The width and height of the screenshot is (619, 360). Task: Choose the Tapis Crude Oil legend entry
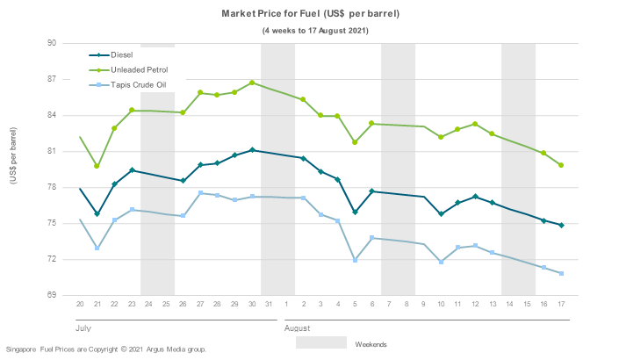click(141, 84)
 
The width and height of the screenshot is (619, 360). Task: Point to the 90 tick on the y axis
click(52, 43)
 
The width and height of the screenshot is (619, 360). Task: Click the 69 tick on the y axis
click(52, 296)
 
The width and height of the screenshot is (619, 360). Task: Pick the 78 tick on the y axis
click(52, 187)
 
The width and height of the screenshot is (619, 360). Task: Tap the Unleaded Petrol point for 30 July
click(252, 83)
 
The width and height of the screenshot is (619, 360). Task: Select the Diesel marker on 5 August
click(355, 212)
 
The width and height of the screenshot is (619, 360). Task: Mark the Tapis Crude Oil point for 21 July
click(97, 248)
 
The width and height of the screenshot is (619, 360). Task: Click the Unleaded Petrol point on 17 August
click(561, 165)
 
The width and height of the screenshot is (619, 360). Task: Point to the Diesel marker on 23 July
click(132, 170)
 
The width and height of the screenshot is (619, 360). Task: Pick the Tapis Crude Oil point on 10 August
click(441, 262)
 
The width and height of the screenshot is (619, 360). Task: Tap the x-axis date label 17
click(561, 304)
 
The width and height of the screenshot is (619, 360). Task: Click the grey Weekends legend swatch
click(320, 342)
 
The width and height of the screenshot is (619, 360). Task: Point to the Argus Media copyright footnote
click(105, 349)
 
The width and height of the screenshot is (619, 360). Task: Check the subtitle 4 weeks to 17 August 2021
click(315, 30)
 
